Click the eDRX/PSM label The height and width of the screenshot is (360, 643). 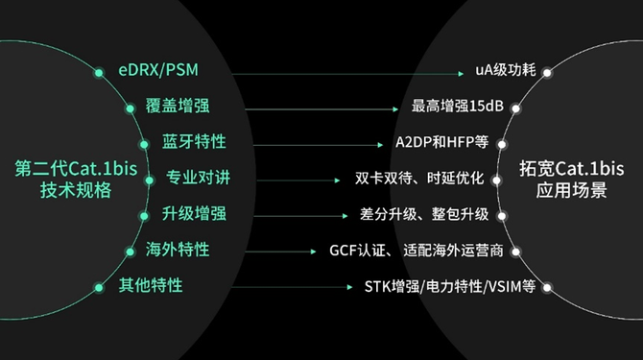(158, 70)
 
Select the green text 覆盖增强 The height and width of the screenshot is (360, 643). (178, 106)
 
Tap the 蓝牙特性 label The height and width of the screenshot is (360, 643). (194, 141)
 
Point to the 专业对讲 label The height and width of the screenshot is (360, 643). (198, 178)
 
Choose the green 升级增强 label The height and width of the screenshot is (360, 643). (194, 214)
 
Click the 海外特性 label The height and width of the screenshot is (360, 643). (178, 250)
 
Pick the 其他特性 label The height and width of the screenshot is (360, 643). (151, 285)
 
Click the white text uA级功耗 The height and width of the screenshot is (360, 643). (506, 70)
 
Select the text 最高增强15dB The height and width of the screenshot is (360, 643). (457, 107)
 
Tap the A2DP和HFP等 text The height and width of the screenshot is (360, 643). (442, 142)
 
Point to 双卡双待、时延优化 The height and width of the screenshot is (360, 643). (419, 179)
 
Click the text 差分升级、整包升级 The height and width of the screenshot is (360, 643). (424, 214)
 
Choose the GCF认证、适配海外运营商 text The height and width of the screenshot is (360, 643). (417, 251)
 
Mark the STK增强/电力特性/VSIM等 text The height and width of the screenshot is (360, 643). (450, 286)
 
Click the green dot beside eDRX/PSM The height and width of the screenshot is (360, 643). (99, 73)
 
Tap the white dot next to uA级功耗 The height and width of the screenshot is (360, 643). (547, 73)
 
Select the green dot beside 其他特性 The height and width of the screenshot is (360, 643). (99, 287)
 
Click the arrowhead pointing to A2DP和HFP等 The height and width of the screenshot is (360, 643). (381, 145)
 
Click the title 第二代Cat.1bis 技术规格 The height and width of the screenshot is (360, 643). (76, 180)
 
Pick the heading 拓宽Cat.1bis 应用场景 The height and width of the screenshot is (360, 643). (572, 180)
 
